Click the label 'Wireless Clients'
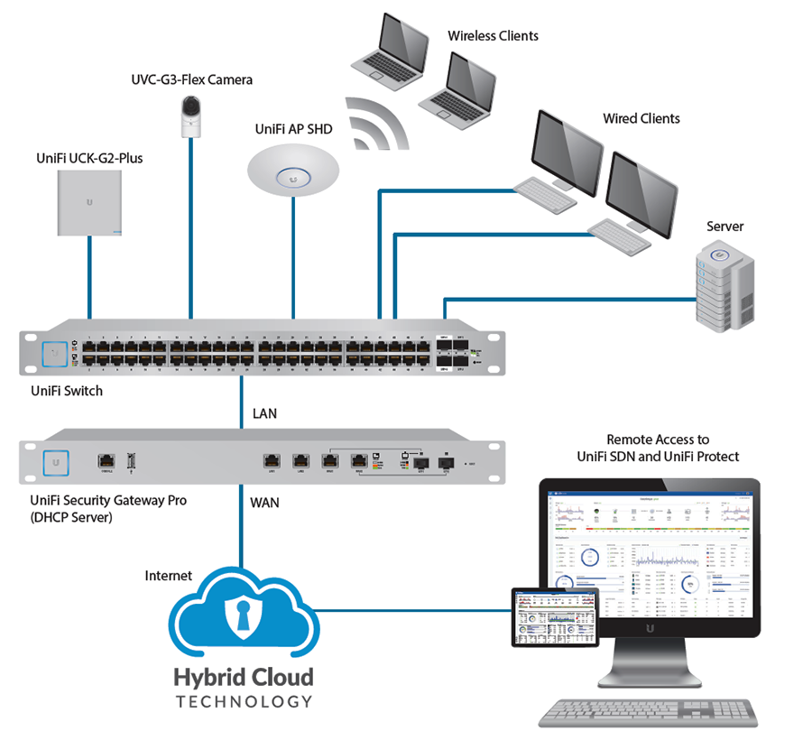[493, 36]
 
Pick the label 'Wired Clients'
[641, 118]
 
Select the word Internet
[169, 575]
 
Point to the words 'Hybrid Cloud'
[245, 677]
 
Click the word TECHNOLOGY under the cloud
[245, 701]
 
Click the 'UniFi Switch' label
[67, 391]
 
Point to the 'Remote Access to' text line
[659, 439]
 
